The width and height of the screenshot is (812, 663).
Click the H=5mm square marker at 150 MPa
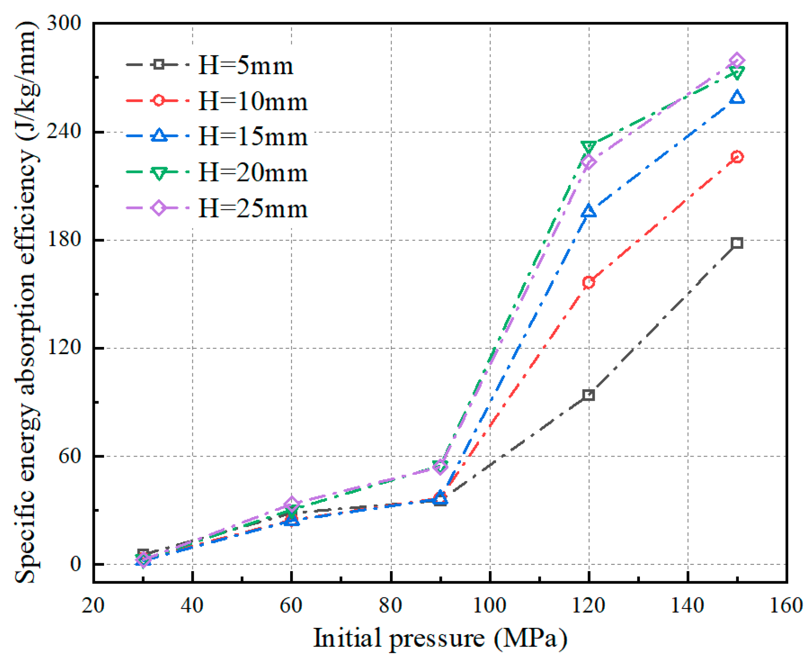[x=736, y=243]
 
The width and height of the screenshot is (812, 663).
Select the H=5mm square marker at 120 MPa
[x=588, y=395]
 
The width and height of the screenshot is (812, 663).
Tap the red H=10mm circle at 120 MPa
[x=588, y=282]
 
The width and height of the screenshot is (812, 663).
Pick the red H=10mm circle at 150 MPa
[x=736, y=157]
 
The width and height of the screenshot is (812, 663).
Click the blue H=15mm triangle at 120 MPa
[x=588, y=211]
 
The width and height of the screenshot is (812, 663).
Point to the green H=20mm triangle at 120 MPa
[x=588, y=147]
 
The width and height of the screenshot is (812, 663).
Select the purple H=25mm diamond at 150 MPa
[x=736, y=61]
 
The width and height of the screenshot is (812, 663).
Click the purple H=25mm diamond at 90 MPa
[x=440, y=466]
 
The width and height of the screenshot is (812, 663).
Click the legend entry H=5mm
[x=245, y=66]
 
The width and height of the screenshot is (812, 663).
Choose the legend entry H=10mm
[x=253, y=102]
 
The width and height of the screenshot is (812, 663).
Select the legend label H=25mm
[x=253, y=209]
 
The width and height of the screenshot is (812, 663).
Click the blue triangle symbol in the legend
[x=159, y=136]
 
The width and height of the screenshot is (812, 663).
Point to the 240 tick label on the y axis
[x=63, y=131]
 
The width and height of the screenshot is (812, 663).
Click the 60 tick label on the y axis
[x=69, y=456]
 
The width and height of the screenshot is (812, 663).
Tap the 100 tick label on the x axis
[x=489, y=605]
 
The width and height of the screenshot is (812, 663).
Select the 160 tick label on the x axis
[x=786, y=605]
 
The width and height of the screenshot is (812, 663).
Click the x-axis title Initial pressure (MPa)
[x=440, y=638]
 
